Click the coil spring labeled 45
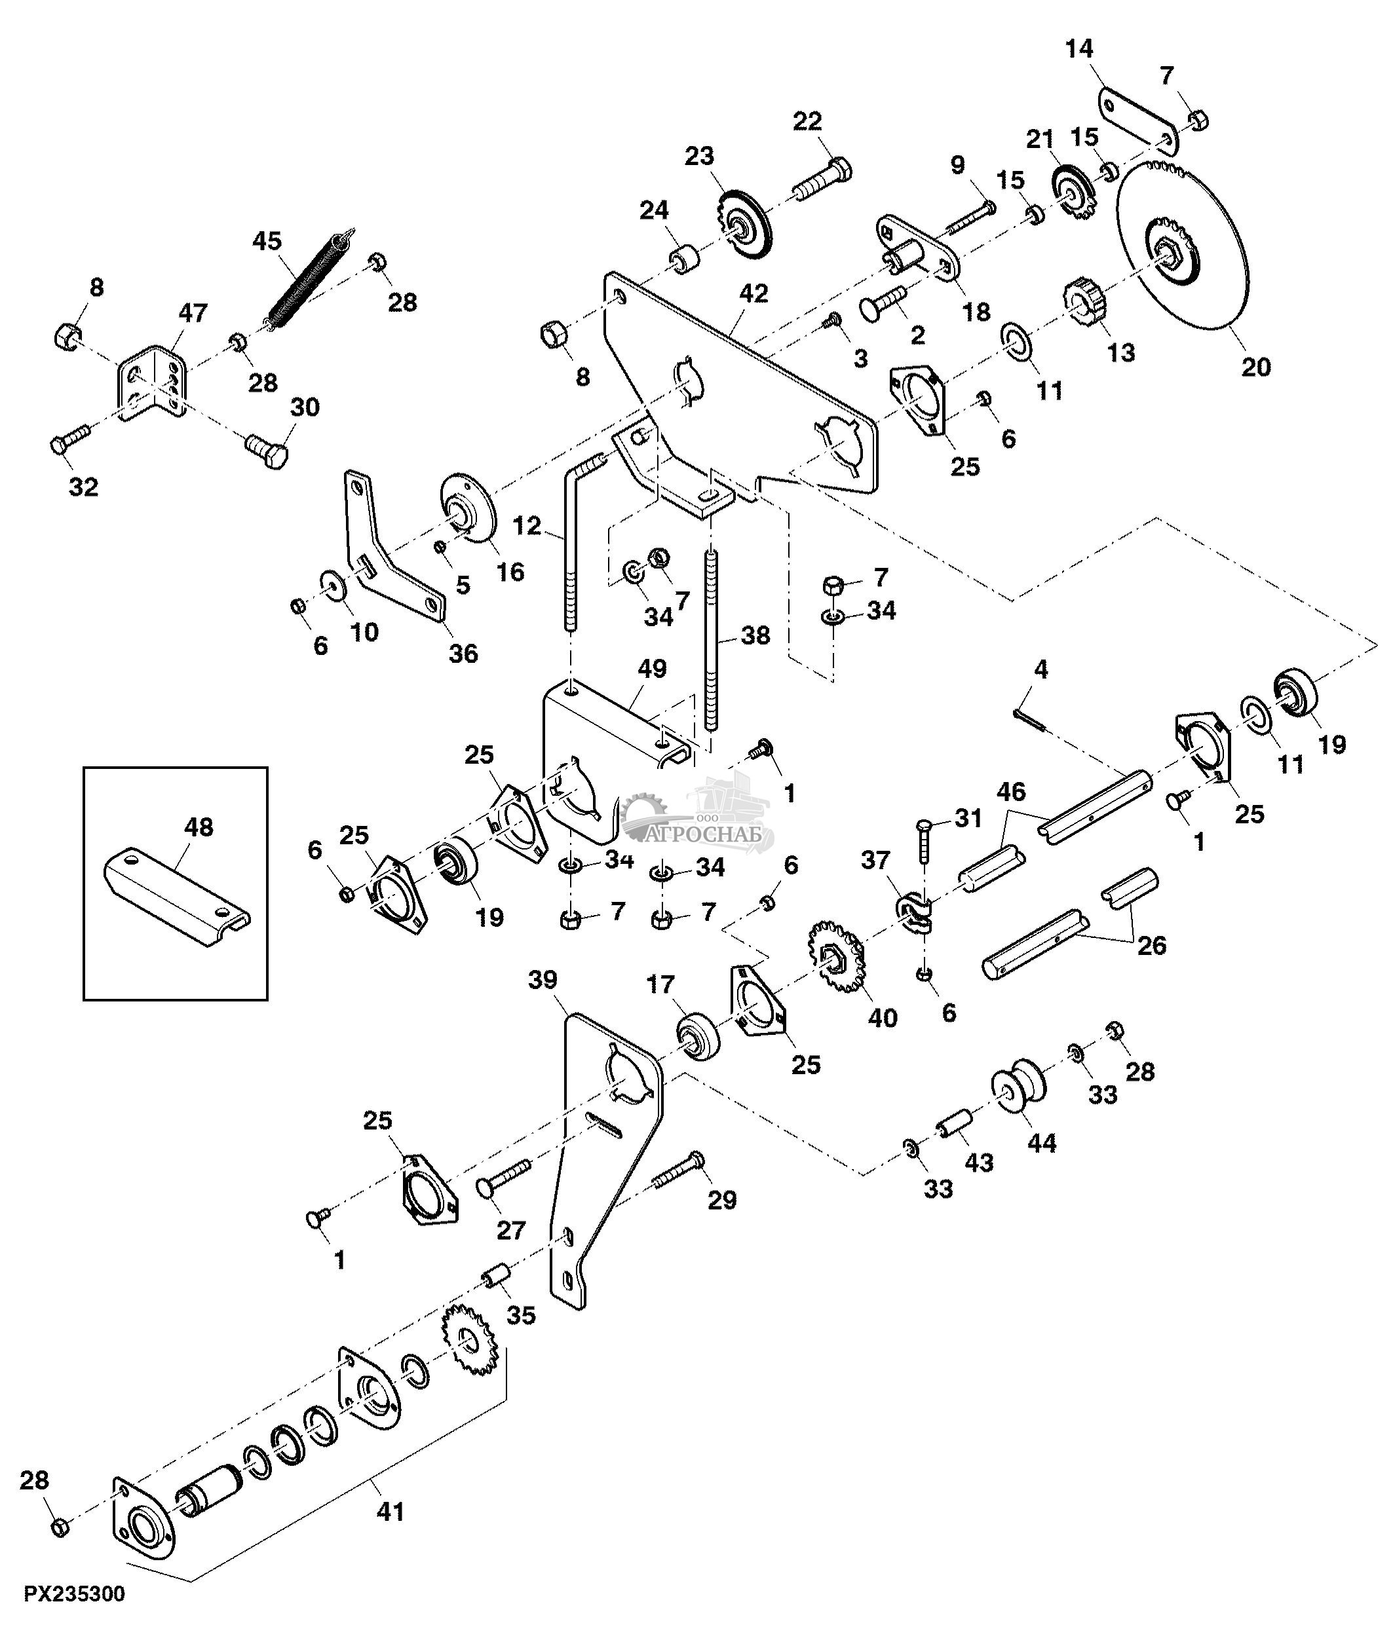[306, 276]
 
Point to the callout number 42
[753, 293]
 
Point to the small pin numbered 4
[1029, 720]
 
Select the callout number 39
[542, 980]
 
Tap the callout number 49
[652, 669]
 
